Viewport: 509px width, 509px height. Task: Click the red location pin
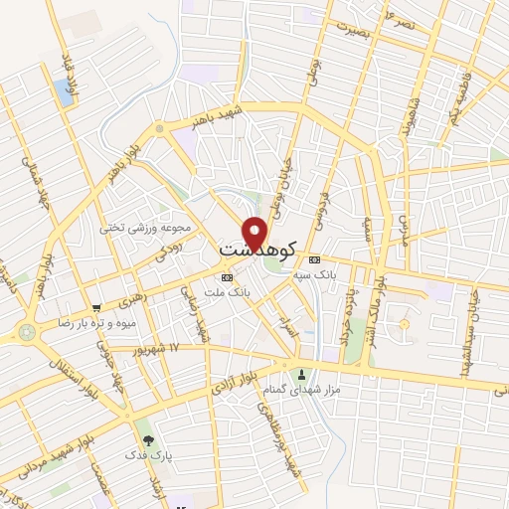(256, 232)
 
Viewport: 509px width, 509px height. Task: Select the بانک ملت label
(224, 291)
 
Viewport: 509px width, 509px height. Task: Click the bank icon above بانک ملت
(227, 276)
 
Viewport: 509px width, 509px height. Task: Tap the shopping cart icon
(96, 308)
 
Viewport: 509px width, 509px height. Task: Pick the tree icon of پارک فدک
(148, 438)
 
